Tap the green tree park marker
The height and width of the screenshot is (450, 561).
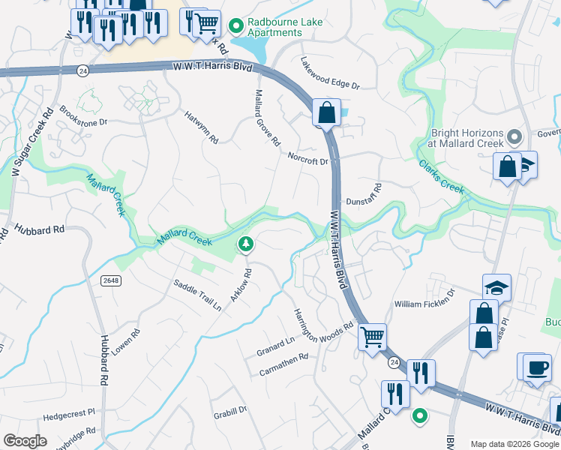click(x=245, y=244)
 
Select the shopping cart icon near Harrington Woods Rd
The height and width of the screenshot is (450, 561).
click(x=372, y=337)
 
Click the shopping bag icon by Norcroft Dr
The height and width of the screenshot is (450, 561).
click(x=327, y=114)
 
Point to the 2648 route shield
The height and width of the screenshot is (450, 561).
click(x=110, y=280)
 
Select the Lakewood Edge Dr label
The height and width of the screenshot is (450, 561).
click(x=330, y=73)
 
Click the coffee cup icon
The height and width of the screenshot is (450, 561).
click(x=536, y=367)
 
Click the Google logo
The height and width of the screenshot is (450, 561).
click(x=25, y=440)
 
